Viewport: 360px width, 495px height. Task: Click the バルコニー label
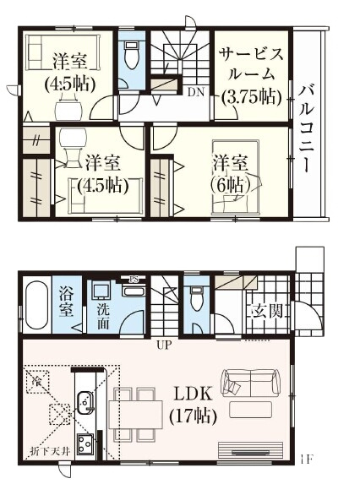308,128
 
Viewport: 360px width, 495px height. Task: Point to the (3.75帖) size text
251,97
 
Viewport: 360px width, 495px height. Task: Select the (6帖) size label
229,184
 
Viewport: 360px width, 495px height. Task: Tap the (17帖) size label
194,416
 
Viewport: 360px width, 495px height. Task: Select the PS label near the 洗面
133,280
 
